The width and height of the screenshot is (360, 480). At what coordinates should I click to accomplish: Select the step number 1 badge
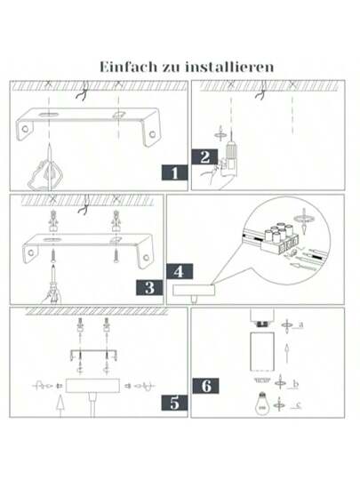click(174, 172)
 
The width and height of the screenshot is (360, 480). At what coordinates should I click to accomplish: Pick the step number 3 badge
click(150, 287)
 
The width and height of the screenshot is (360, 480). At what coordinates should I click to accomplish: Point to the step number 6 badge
click(206, 386)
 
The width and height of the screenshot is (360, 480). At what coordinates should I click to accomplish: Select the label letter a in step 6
click(301, 325)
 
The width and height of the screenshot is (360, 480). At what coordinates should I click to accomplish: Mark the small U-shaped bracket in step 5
click(93, 356)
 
